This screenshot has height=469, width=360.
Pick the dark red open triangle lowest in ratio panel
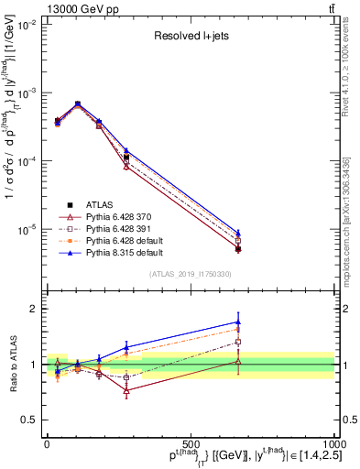click(125, 390)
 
